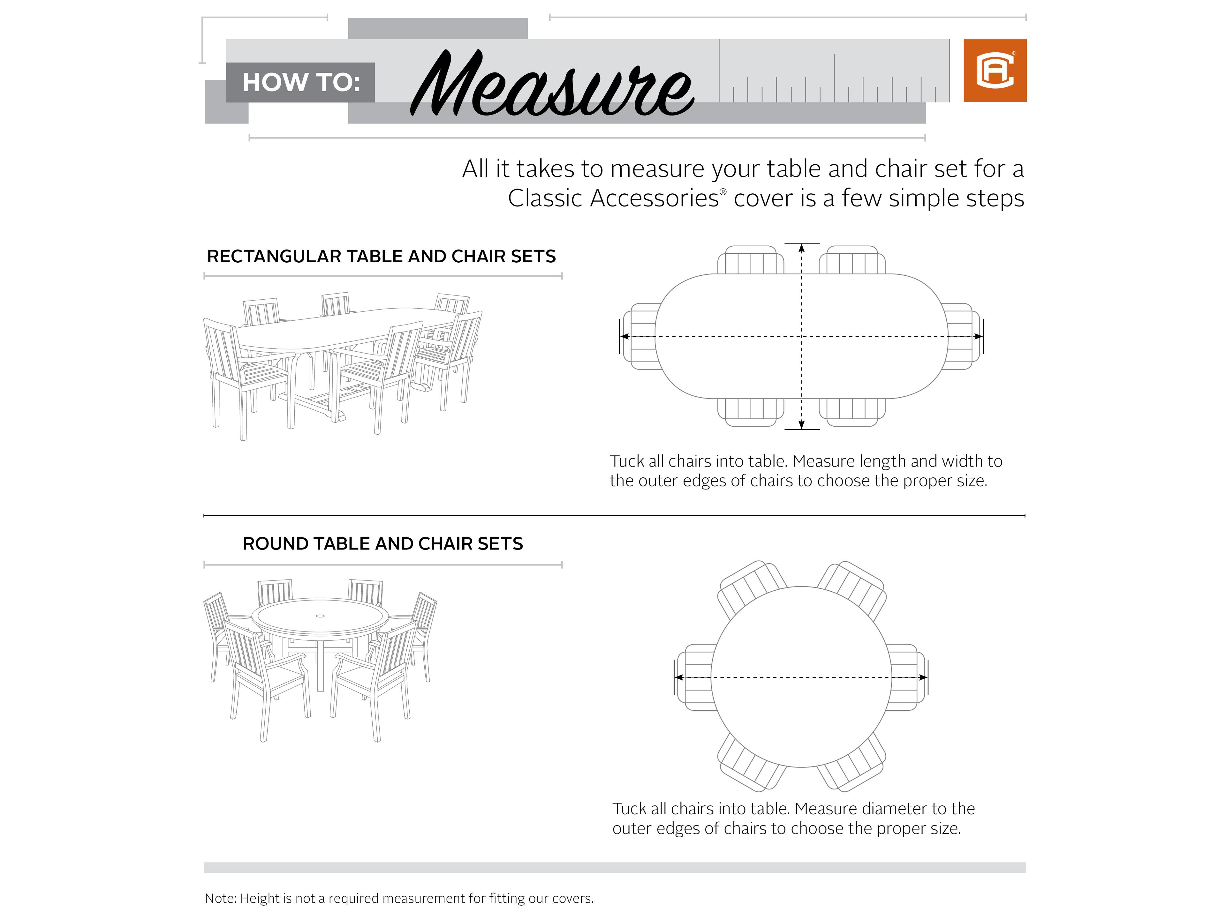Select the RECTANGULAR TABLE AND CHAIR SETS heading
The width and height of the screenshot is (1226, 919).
[381, 257]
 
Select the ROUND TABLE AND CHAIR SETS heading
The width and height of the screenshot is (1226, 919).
[382, 543]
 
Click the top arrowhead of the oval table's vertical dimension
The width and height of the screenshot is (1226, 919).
[801, 248]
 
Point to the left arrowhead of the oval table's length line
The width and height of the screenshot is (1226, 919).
[624, 336]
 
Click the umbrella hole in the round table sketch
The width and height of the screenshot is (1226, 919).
[320, 616]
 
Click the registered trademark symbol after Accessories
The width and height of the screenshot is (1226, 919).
[723, 192]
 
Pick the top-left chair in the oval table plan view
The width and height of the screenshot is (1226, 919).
[751, 260]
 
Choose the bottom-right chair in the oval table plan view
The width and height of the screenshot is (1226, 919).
[852, 412]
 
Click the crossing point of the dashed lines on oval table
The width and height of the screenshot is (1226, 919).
[801, 336]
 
